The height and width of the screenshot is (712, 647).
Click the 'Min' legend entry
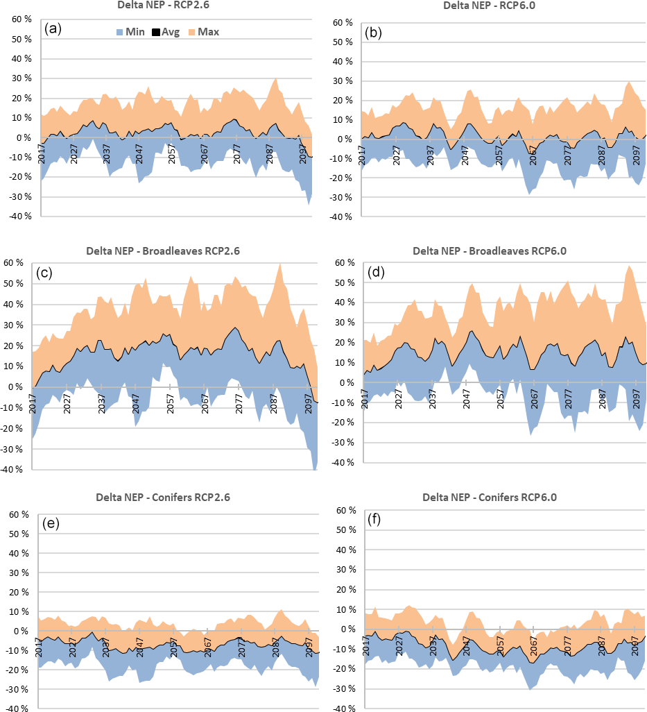[x=129, y=31]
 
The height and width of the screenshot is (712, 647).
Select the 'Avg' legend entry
[x=166, y=31]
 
